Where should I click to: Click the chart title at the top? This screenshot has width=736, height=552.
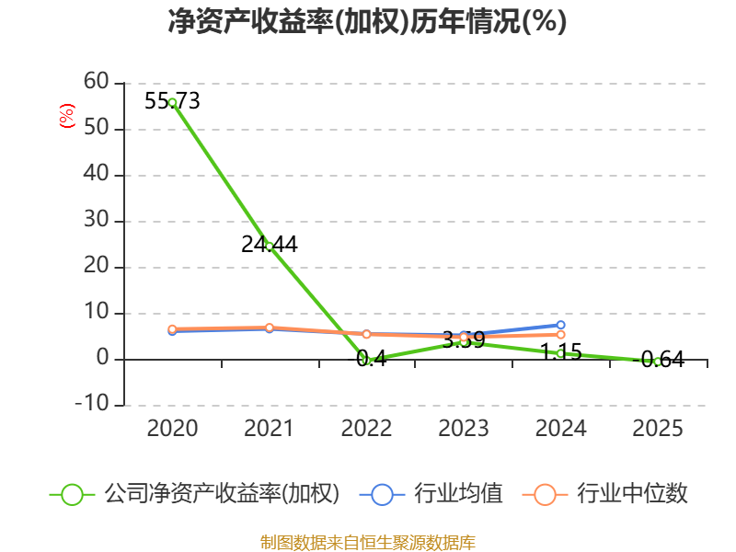click(x=367, y=22)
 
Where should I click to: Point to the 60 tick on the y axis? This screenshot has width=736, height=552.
click(x=96, y=83)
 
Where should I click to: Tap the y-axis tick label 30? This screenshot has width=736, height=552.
click(x=96, y=221)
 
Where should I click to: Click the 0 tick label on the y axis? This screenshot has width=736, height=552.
click(x=102, y=359)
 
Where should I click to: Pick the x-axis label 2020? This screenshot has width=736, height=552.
click(x=172, y=429)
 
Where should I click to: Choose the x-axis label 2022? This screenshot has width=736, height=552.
click(x=366, y=429)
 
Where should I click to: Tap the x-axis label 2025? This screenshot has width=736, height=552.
click(x=658, y=429)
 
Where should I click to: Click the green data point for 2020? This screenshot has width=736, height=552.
click(x=172, y=102)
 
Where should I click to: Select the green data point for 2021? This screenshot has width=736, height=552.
click(x=269, y=246)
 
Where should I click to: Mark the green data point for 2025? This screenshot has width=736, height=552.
click(x=657, y=362)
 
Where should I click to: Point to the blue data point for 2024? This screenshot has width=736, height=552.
click(x=560, y=325)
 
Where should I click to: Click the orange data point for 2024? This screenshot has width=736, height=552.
click(x=560, y=335)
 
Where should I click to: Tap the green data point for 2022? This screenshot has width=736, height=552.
click(x=366, y=360)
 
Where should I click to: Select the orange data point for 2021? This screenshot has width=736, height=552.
click(x=269, y=328)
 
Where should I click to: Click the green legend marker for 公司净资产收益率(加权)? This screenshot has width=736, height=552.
click(x=73, y=494)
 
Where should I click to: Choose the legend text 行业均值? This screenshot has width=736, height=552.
click(x=458, y=494)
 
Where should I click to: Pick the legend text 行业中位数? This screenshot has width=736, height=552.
click(x=632, y=494)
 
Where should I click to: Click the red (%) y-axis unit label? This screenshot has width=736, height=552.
click(x=66, y=116)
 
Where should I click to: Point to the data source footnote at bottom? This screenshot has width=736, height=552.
click(x=367, y=542)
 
